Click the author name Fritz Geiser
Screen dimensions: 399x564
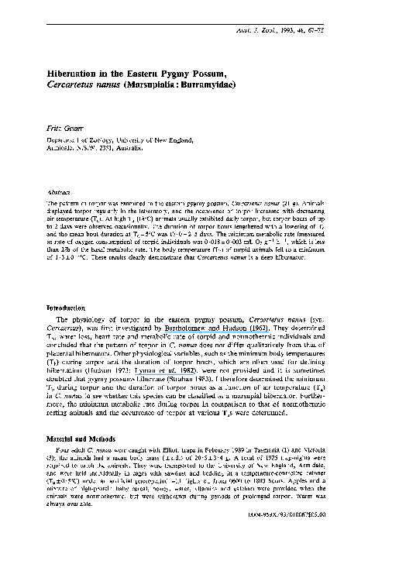pyautogui.click(x=67, y=124)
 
